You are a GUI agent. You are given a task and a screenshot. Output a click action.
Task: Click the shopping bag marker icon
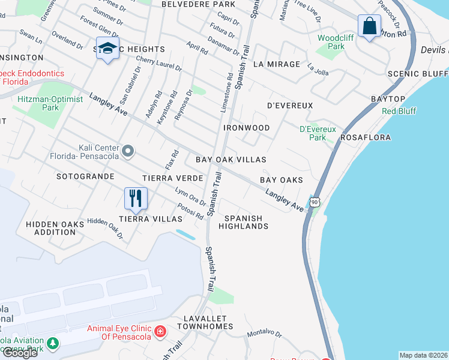pyautogui.click(x=369, y=26)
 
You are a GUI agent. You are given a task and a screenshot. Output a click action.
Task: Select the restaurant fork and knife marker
pyautogui.click(x=136, y=198)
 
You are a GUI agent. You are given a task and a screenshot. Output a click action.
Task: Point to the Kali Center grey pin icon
pyautogui.click(x=127, y=151)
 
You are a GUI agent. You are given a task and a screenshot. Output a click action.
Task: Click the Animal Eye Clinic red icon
pyautogui.click(x=160, y=332)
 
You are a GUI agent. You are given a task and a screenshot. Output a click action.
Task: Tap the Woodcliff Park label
pyautogui.click(x=331, y=42)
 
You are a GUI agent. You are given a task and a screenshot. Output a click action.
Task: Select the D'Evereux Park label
pyautogui.click(x=318, y=133)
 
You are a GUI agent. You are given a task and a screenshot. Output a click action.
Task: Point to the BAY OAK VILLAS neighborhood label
pyautogui.click(x=231, y=160)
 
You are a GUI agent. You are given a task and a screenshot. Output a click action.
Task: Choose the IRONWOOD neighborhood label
pyautogui.click(x=247, y=128)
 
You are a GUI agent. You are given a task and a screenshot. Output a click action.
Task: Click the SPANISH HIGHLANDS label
pyautogui.click(x=243, y=222)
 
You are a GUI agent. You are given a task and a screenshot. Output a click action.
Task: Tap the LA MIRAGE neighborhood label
pyautogui.click(x=276, y=64)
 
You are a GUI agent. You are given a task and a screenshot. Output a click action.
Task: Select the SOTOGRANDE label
pyautogui.click(x=85, y=177)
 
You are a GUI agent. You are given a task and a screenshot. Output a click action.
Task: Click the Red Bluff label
pyautogui.click(x=398, y=112)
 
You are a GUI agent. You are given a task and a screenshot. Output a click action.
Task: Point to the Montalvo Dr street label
pyautogui.click(x=265, y=333)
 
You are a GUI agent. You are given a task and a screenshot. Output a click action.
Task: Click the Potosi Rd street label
pyautogui.click(x=190, y=212)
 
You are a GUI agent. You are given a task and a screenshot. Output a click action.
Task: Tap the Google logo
pyautogui.click(x=19, y=353)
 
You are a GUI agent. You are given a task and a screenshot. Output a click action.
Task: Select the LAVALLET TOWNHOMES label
pyautogui.click(x=205, y=322)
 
